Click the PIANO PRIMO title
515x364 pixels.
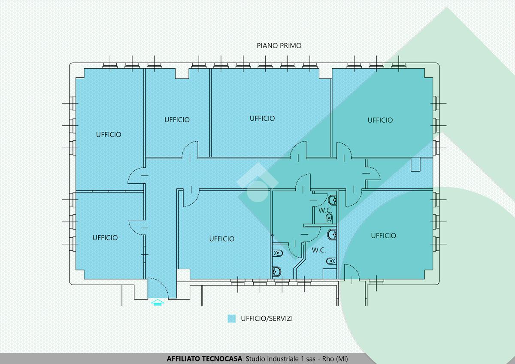(x=279, y=45)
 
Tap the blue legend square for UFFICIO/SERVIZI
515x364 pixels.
(x=231, y=318)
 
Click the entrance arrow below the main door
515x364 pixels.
(x=158, y=302)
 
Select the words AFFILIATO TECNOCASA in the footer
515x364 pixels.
(x=204, y=359)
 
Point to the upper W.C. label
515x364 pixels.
(x=325, y=210)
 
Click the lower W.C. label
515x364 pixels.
(x=318, y=250)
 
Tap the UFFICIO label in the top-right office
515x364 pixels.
(x=380, y=120)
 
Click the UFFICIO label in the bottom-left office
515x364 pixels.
(x=105, y=238)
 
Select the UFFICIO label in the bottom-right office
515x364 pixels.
(x=384, y=236)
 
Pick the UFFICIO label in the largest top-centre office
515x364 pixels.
(x=262, y=118)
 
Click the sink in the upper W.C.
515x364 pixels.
(x=333, y=200)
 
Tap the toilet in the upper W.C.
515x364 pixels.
(x=330, y=218)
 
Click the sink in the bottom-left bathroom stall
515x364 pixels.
(x=276, y=272)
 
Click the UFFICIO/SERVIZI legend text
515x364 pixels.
(x=267, y=318)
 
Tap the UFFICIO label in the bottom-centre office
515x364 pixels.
(x=221, y=239)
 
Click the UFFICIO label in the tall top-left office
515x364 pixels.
(x=109, y=134)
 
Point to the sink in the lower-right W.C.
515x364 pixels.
(x=333, y=234)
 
